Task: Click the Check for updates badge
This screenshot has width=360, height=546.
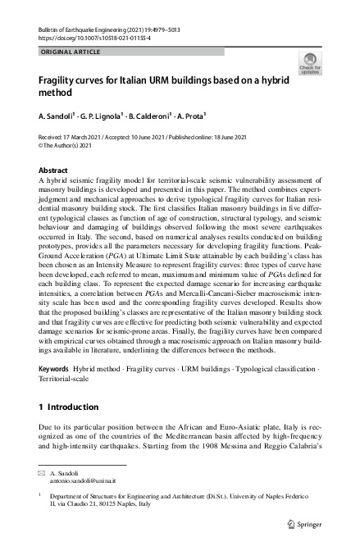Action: click(x=310, y=63)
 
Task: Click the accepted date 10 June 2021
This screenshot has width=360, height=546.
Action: click(x=148, y=137)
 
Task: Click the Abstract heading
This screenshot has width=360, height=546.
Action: click(x=54, y=170)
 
